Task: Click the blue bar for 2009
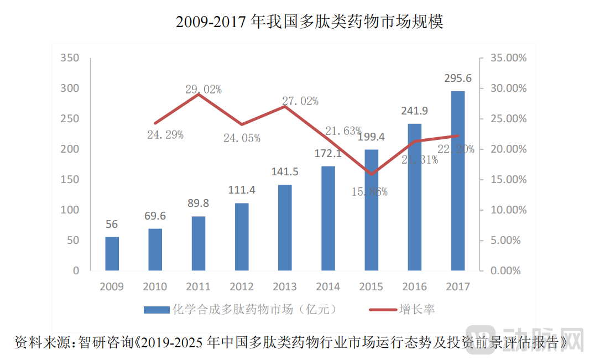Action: (112, 254)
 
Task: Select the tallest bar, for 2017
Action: (457, 181)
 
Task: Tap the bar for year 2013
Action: (285, 228)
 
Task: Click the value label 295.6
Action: (457, 79)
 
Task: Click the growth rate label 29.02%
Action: (204, 89)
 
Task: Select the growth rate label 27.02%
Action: (300, 101)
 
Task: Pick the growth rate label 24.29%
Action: (165, 134)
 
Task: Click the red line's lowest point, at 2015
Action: (371, 174)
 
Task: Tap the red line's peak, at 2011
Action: (199, 94)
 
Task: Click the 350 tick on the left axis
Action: (71, 58)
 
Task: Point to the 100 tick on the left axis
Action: (71, 210)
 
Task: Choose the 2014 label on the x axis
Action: (328, 286)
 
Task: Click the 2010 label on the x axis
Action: (155, 286)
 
